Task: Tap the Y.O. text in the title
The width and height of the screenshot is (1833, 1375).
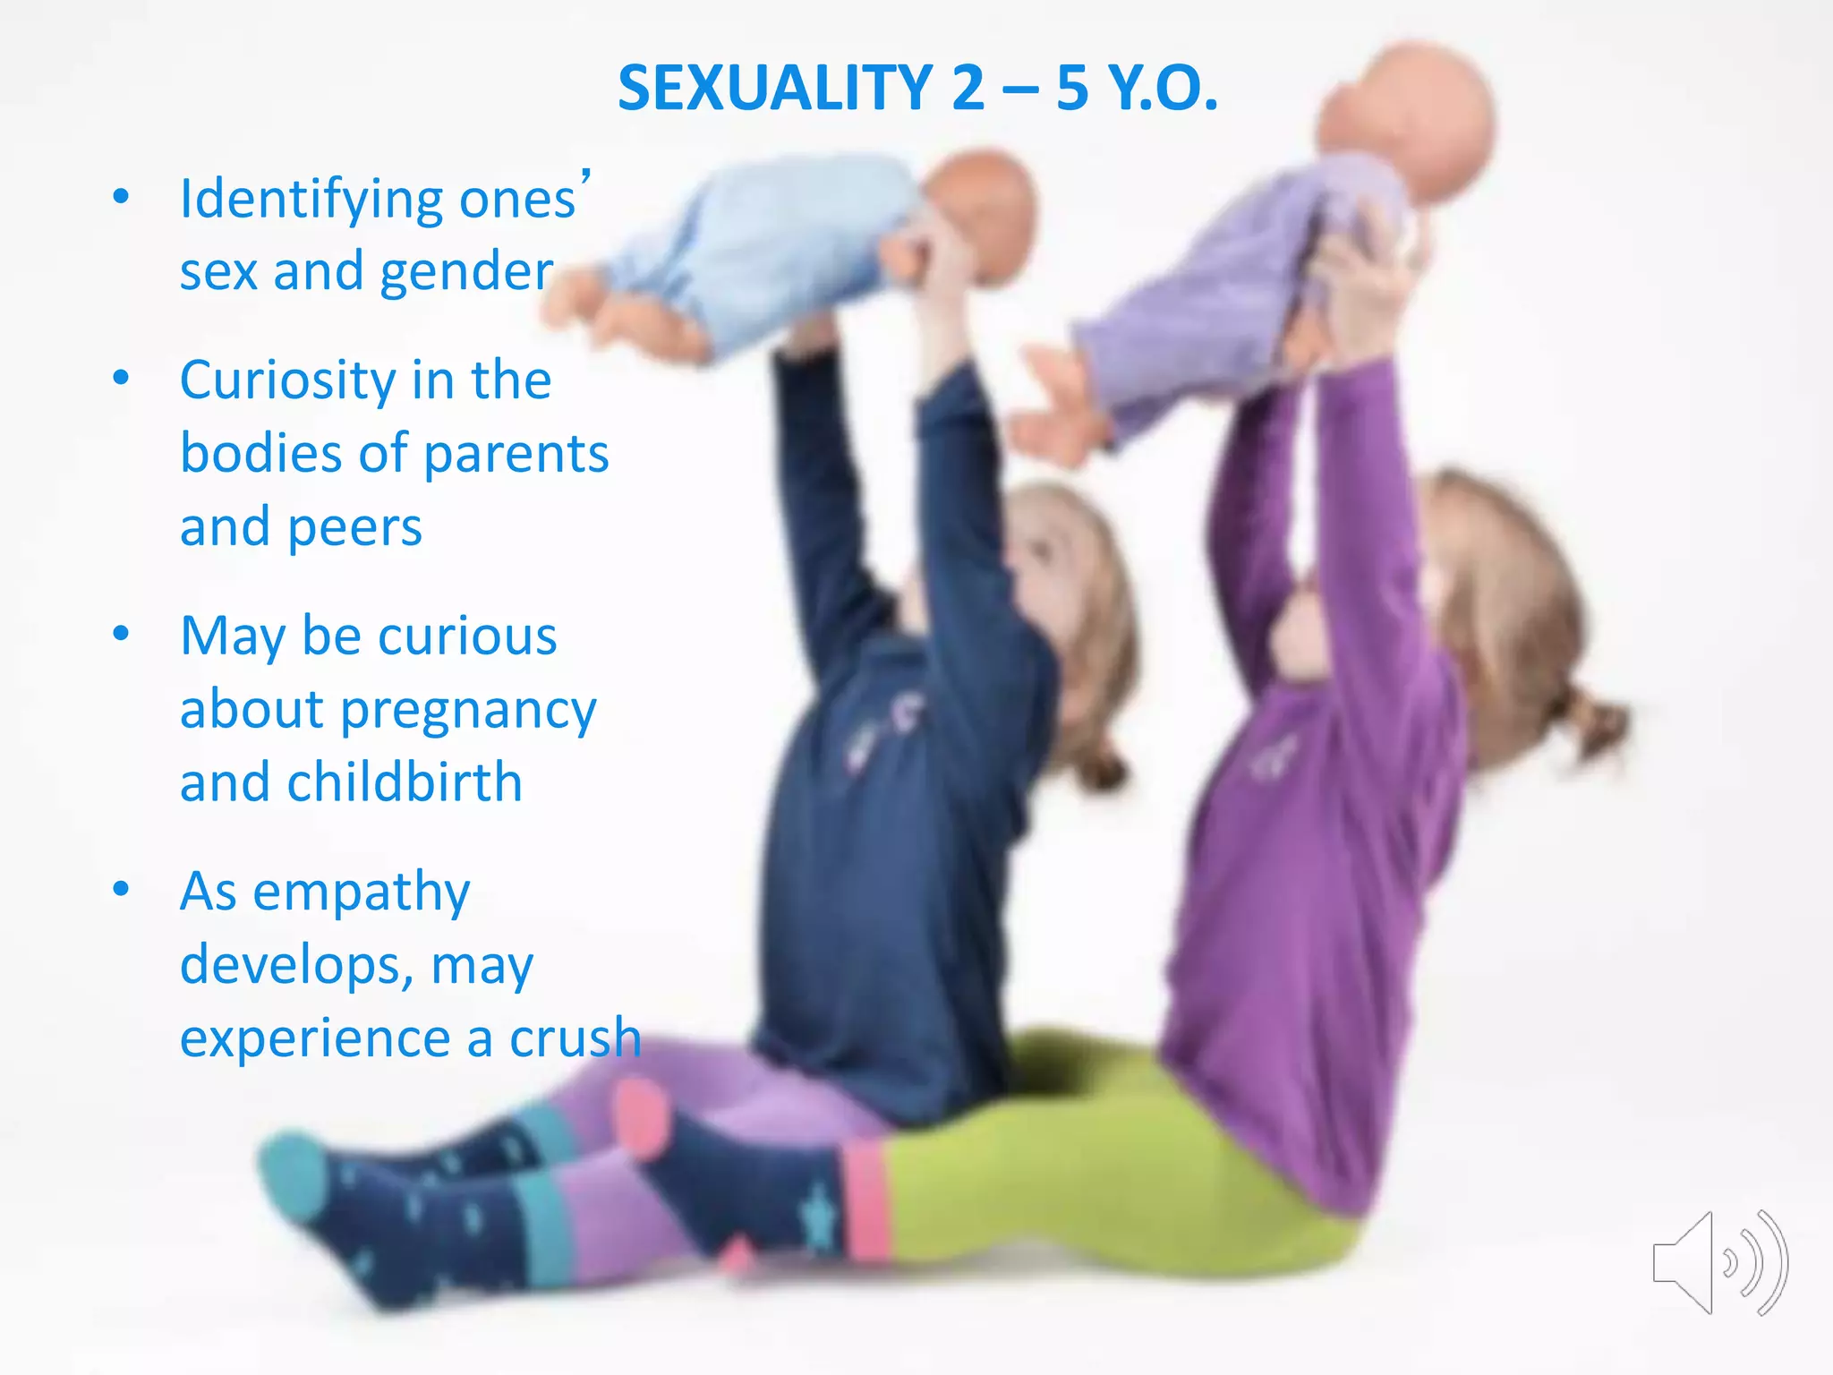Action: [x=1163, y=89]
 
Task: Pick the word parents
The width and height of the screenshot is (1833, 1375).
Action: [x=516, y=454]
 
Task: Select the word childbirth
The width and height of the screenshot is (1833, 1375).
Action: [x=404, y=782]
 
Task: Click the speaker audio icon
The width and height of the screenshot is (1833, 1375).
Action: [x=1718, y=1262]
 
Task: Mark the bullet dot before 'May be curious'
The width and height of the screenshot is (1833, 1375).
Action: [x=122, y=635]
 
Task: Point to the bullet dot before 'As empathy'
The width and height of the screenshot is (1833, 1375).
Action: [x=122, y=890]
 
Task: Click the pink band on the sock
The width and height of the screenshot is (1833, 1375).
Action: [x=865, y=1200]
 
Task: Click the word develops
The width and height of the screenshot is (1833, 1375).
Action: [x=296, y=966]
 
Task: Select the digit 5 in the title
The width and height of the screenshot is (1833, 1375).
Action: [x=1071, y=89]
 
